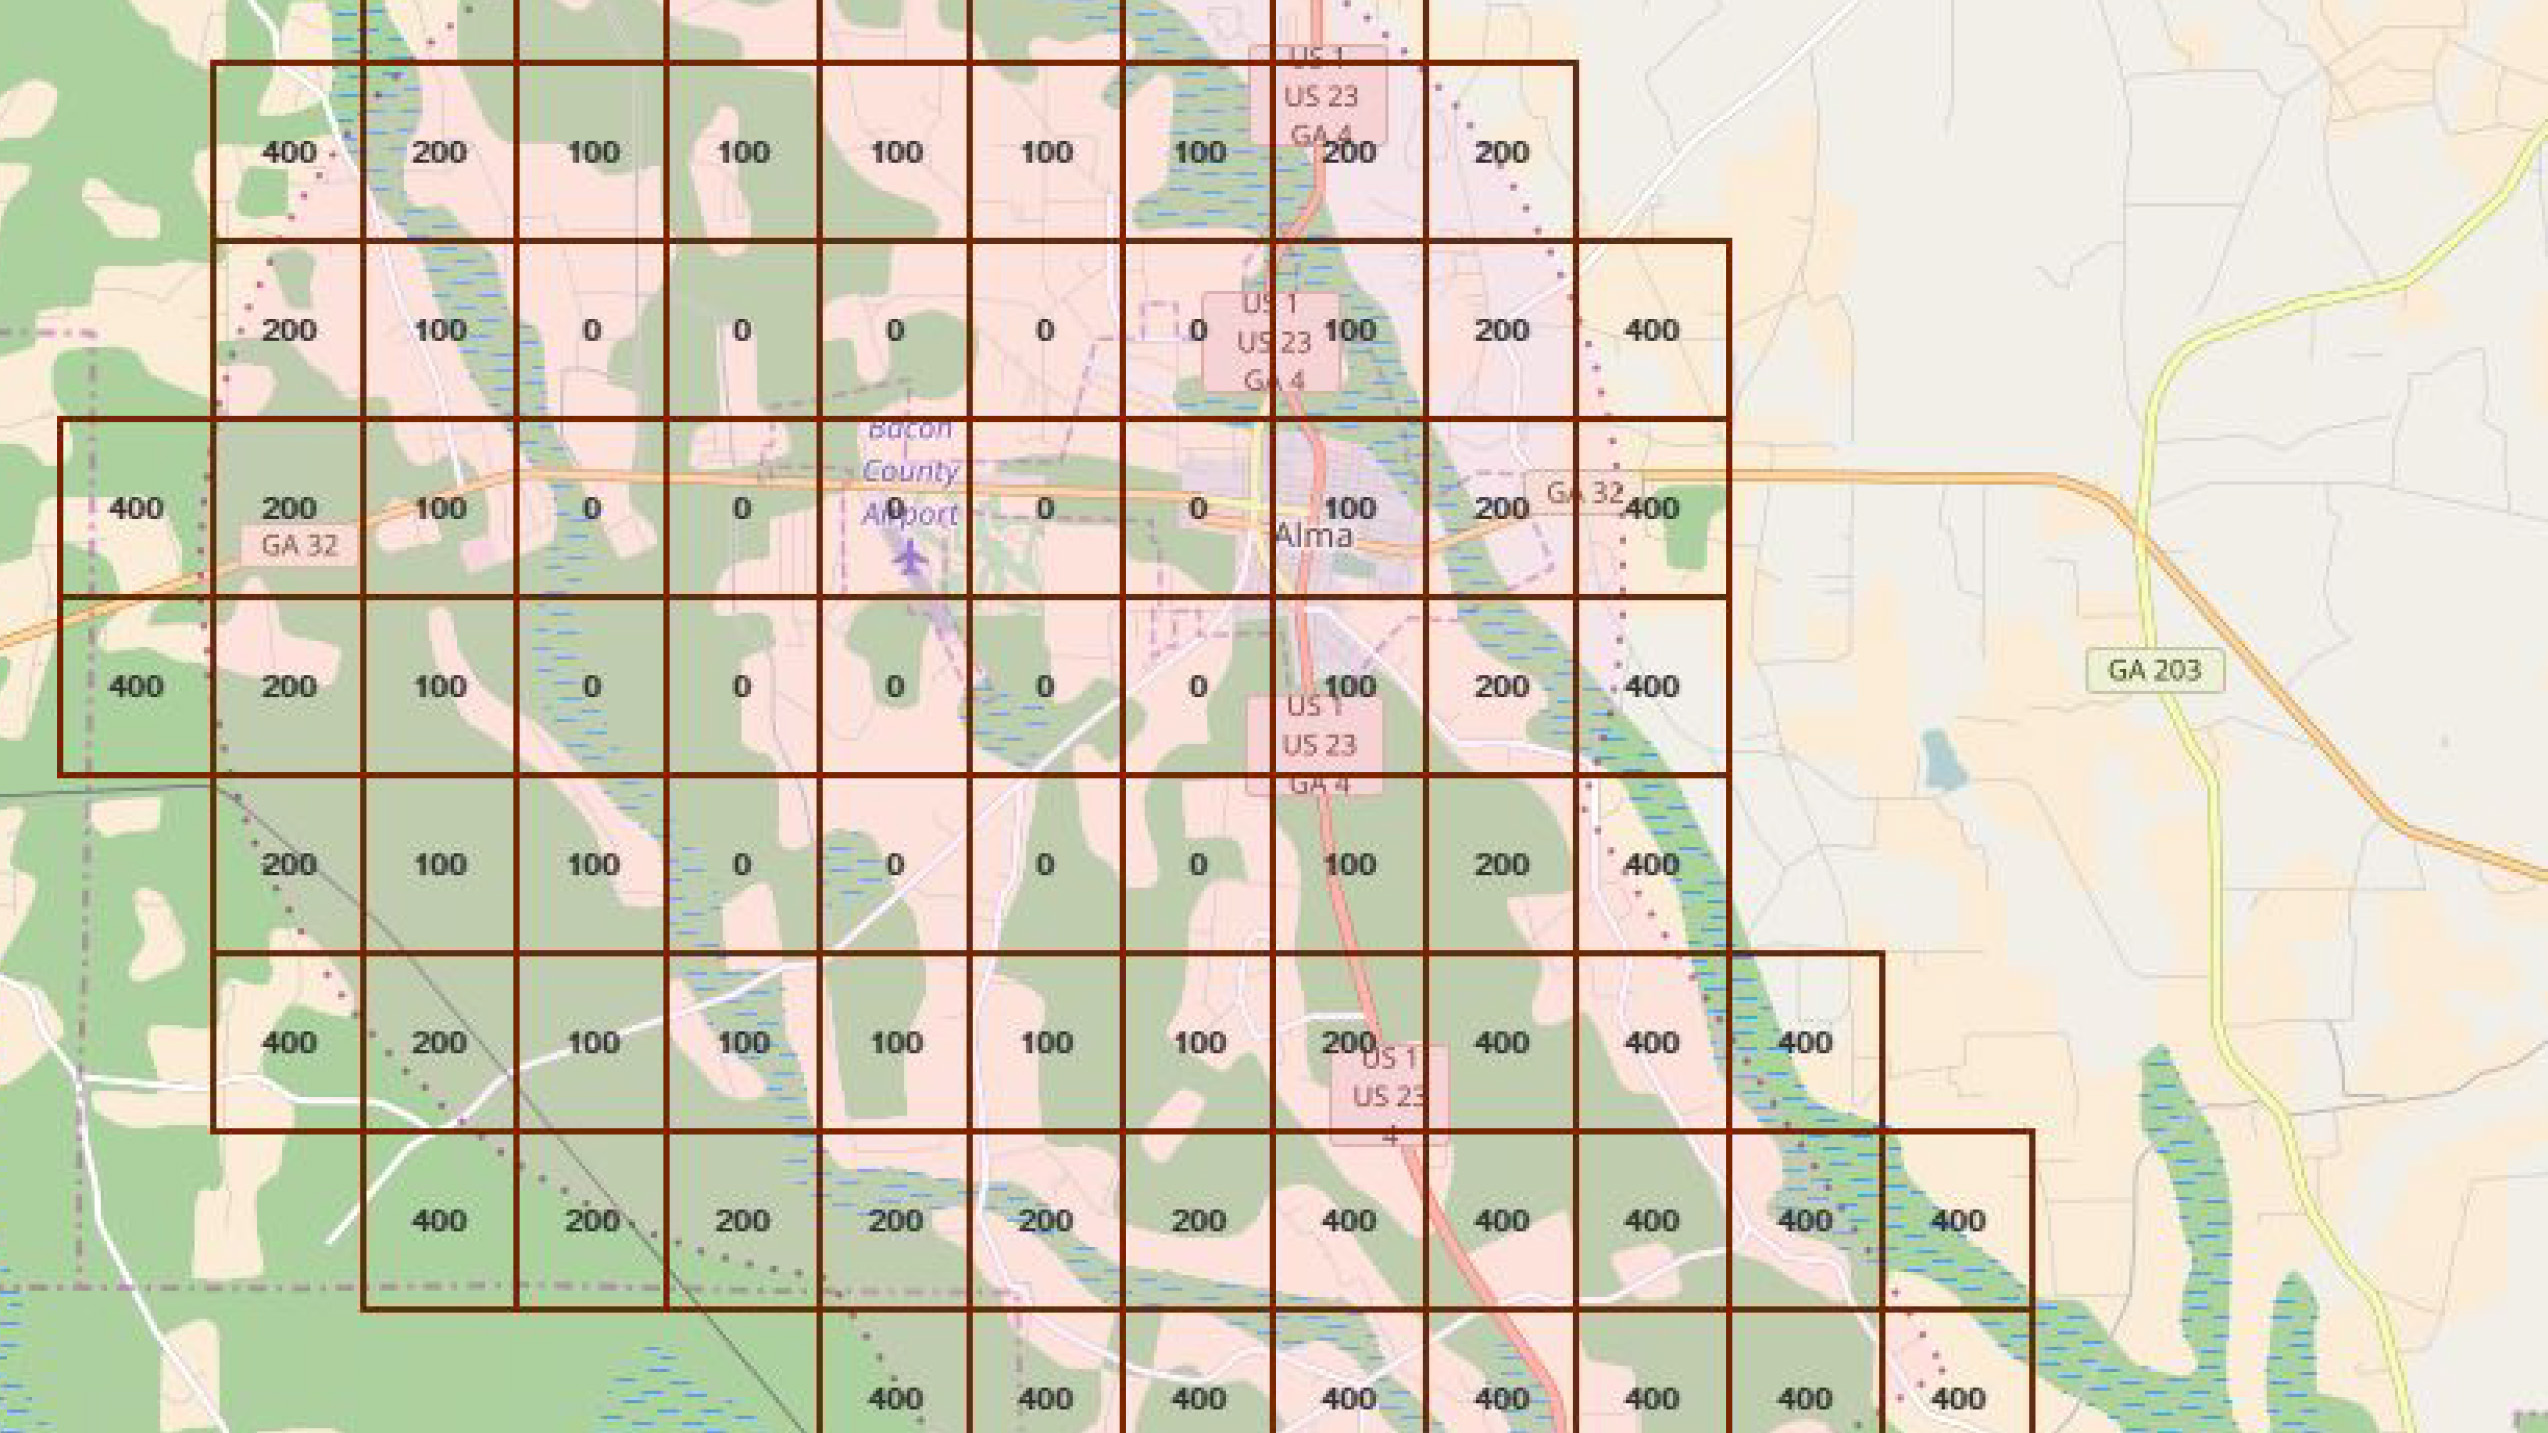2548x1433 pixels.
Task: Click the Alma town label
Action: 1314,535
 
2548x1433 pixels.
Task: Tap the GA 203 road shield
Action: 2155,670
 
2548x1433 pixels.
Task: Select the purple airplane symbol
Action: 909,556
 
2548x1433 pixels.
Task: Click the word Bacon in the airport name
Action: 910,430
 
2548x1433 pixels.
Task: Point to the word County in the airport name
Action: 910,471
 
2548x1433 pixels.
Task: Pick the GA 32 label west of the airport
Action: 299,546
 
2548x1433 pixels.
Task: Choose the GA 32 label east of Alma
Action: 1584,493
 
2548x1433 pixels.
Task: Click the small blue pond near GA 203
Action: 1942,760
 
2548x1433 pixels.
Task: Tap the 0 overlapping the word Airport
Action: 895,508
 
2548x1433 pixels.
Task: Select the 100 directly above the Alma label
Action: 1349,508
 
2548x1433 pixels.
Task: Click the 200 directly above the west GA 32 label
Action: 289,508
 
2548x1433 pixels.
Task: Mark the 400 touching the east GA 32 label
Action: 1652,508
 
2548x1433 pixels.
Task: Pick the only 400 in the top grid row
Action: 289,152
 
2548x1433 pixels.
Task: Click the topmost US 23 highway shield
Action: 1320,97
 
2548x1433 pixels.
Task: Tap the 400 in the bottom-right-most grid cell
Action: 1957,1398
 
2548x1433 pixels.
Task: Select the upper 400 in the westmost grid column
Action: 136,508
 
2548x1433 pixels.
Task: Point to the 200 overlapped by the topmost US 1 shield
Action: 1349,152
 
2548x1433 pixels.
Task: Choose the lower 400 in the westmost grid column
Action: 136,686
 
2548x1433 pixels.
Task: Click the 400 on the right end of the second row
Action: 1652,330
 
